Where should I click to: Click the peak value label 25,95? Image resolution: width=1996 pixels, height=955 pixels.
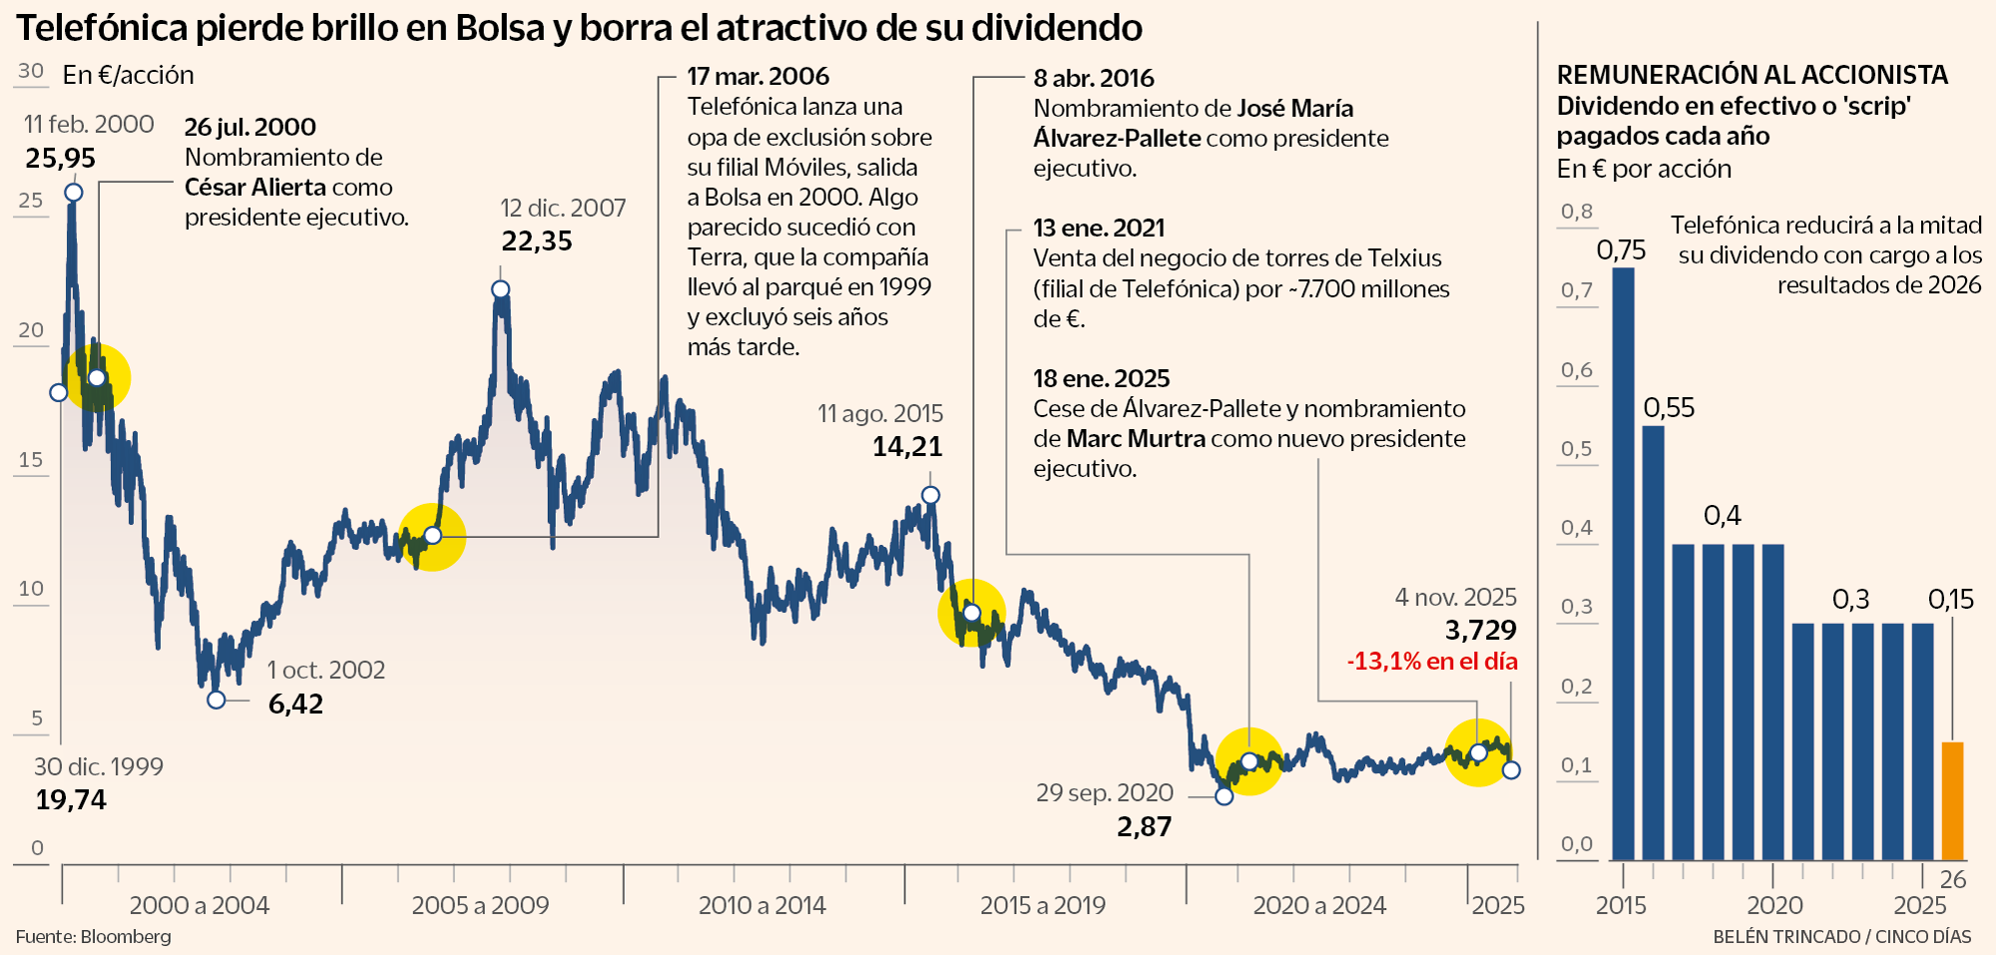61,159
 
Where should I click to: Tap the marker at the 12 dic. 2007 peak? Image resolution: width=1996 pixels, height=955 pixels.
501,289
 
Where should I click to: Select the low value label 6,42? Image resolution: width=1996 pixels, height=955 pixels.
295,705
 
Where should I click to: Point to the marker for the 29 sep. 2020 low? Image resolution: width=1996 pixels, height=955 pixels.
1225,796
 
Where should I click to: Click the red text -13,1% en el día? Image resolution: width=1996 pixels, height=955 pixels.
1432,662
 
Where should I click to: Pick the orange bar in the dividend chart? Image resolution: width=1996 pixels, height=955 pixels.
1952,800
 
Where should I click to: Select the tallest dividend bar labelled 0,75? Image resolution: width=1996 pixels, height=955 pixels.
1623,563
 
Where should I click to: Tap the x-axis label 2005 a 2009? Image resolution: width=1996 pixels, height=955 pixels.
480,906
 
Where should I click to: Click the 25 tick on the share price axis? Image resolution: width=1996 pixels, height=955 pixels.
31,201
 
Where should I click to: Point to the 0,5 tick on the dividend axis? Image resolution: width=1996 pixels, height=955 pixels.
1577,449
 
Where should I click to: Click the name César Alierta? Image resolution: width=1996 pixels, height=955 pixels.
255,188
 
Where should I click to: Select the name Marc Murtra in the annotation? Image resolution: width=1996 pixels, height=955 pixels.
1136,439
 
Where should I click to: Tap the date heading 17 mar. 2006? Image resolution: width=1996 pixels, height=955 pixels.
758,77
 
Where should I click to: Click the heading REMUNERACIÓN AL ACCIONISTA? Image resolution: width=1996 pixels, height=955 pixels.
1752,75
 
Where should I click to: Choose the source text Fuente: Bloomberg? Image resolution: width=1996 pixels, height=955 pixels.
94,937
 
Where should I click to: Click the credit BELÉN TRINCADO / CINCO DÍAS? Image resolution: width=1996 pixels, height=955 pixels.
1842,937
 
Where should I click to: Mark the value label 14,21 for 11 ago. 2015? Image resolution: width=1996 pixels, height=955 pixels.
907,447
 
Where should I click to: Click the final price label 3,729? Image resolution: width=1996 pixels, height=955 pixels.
1481,631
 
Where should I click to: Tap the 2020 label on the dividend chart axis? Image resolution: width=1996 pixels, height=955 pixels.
1774,906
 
